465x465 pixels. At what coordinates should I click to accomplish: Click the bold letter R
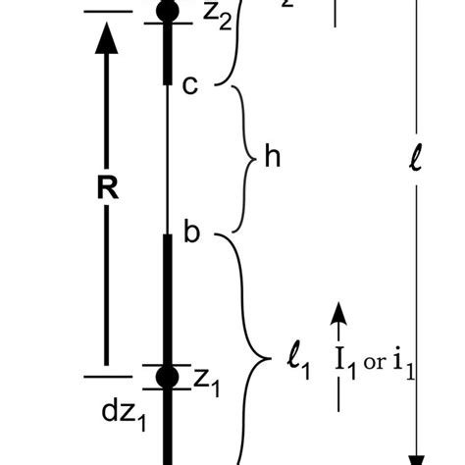(x=108, y=188)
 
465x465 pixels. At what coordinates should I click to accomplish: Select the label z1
(x=206, y=382)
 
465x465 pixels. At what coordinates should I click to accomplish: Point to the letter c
(x=190, y=86)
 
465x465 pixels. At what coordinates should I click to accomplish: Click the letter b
(x=192, y=233)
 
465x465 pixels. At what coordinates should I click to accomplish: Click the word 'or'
(x=374, y=362)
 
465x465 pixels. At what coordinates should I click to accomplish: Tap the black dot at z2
(x=168, y=12)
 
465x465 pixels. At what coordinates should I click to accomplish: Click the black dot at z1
(x=168, y=376)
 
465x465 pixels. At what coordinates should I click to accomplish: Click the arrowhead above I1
(x=338, y=313)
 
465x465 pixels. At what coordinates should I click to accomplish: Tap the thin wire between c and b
(x=168, y=157)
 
